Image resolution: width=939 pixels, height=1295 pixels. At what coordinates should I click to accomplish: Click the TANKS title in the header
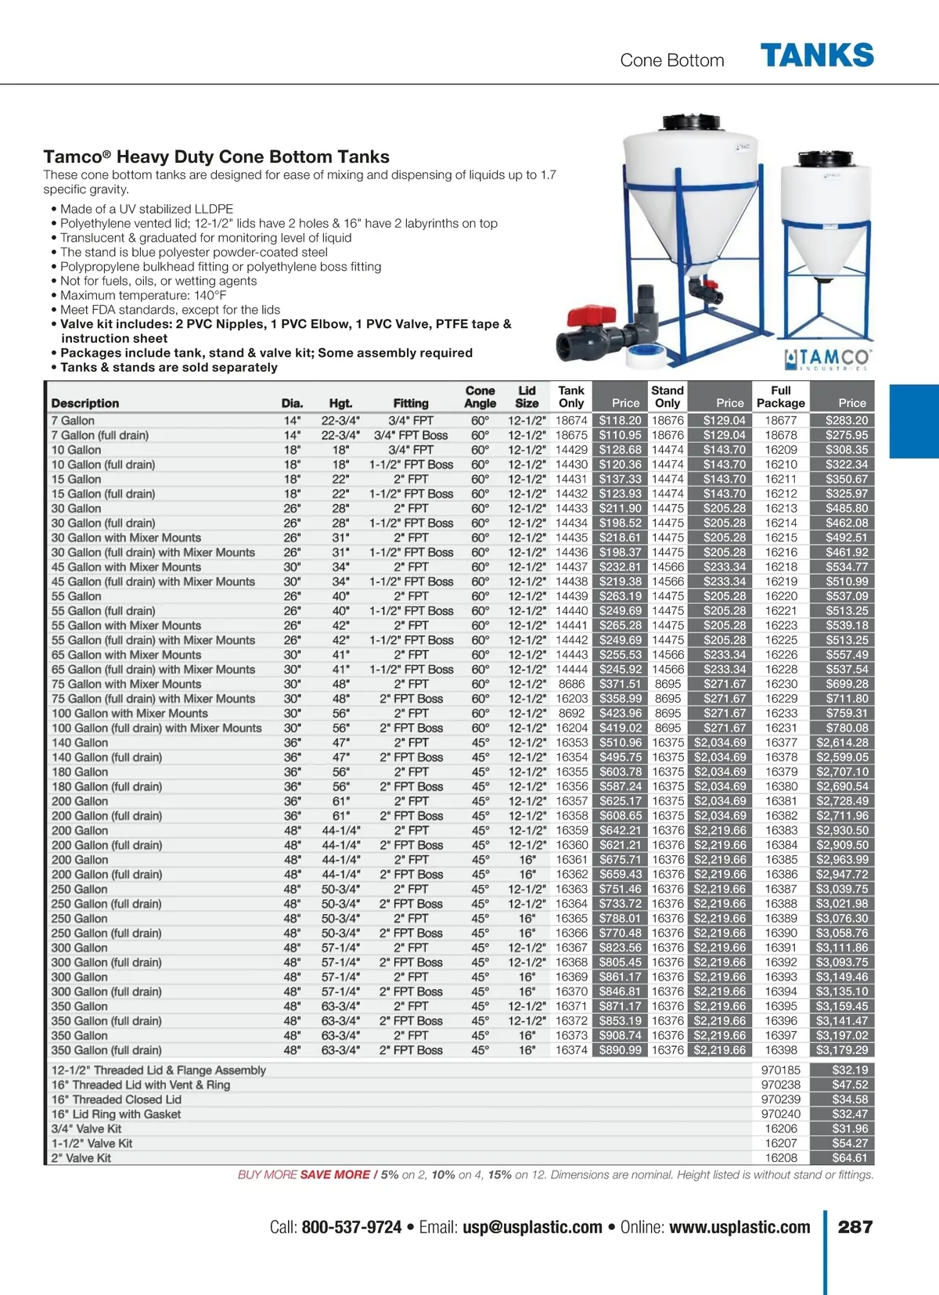(817, 56)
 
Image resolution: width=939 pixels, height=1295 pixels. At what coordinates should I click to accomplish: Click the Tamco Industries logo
(828, 359)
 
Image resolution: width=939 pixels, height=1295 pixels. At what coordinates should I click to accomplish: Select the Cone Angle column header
(480, 397)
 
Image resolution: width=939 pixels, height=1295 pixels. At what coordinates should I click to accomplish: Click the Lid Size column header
(527, 397)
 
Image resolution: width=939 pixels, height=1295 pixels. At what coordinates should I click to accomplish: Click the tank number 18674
(571, 420)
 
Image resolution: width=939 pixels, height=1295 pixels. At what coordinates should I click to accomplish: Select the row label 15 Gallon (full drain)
(103, 494)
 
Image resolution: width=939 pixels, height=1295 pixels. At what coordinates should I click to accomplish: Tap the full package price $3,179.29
(842, 1050)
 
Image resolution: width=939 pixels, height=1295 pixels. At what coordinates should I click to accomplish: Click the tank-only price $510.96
(620, 743)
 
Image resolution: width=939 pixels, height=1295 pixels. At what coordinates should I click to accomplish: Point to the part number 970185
(780, 1070)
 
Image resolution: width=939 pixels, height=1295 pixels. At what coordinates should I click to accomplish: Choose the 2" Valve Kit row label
(81, 1158)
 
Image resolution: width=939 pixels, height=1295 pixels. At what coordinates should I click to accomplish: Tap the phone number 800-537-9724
(351, 1228)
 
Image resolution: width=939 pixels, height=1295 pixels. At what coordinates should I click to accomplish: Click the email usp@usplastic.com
(532, 1228)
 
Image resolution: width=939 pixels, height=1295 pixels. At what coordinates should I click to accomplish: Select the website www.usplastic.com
(739, 1228)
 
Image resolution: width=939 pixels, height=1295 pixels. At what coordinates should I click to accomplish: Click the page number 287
(854, 1227)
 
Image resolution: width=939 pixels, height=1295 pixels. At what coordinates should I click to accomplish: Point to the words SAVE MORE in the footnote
(335, 1174)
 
